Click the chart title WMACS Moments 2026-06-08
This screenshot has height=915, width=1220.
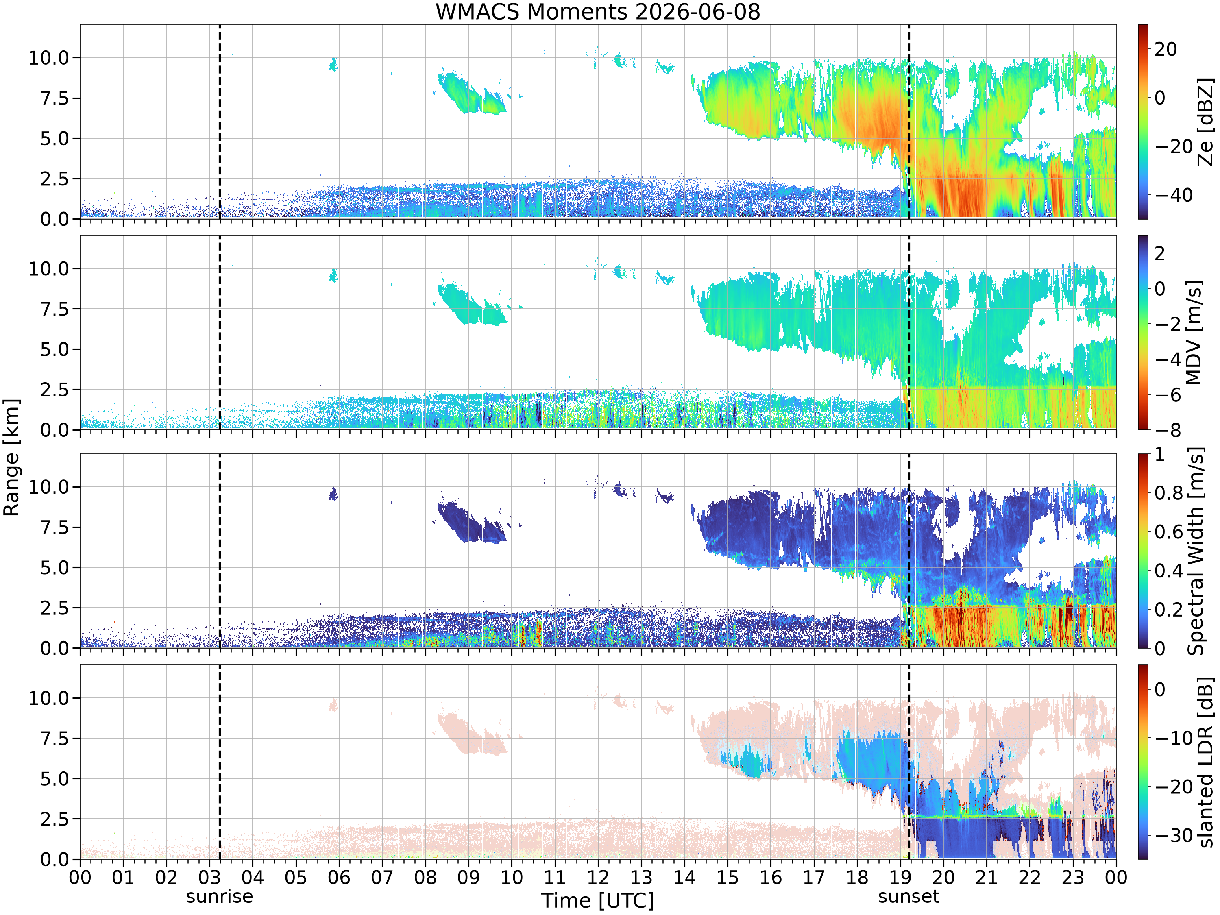[598, 11]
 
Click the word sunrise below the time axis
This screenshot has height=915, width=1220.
[220, 896]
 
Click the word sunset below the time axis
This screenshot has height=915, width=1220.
[908, 896]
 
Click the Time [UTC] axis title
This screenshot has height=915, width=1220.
[597, 901]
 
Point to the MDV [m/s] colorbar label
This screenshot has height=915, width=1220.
[1194, 333]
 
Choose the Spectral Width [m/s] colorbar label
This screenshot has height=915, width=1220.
[1196, 551]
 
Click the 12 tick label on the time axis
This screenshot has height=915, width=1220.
[597, 877]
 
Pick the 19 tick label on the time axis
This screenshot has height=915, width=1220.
[900, 877]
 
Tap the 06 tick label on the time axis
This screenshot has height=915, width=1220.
[339, 877]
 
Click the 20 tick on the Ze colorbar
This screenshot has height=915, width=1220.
[1166, 49]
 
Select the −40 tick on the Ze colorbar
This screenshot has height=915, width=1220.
[1174, 195]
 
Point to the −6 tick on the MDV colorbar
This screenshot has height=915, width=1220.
[1168, 394]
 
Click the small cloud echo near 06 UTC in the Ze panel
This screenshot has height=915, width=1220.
[333, 65]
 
